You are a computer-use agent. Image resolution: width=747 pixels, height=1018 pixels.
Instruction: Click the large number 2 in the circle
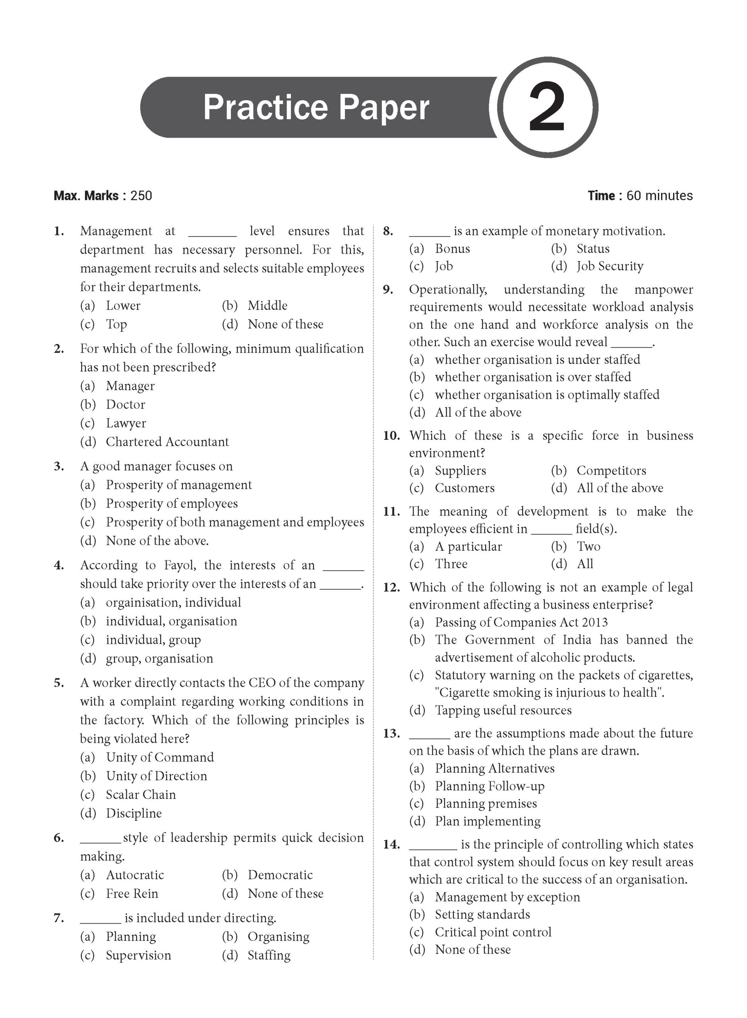point(547,108)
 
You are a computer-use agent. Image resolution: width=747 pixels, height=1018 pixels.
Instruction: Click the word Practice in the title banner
point(265,108)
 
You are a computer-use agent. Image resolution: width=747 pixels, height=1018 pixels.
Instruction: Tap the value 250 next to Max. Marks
point(141,196)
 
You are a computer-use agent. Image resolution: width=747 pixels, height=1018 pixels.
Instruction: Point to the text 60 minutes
point(659,196)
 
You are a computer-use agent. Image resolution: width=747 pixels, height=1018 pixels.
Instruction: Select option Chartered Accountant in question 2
point(167,442)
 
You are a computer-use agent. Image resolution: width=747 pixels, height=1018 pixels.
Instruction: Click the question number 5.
point(59,683)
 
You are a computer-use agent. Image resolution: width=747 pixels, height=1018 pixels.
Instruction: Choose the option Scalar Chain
point(141,795)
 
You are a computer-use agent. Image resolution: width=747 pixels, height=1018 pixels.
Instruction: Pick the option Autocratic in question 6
point(135,875)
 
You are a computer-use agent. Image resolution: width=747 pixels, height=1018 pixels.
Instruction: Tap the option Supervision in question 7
point(138,955)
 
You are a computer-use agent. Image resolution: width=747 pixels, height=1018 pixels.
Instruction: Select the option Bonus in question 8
point(452,249)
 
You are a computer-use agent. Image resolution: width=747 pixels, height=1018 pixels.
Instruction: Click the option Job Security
point(610,266)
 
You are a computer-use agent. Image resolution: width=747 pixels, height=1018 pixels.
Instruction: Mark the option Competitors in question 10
point(611,471)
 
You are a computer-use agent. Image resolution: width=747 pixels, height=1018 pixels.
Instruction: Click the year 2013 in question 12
point(594,623)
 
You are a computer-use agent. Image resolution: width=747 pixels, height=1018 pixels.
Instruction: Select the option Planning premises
point(486,804)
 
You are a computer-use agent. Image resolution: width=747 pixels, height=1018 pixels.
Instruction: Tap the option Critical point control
point(493,932)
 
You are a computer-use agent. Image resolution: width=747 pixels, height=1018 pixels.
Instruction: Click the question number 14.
point(391,845)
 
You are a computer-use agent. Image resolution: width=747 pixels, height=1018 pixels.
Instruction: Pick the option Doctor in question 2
point(125,405)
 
